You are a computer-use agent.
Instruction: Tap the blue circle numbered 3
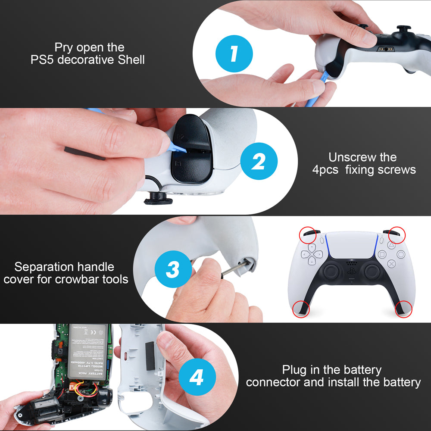pyautogui.click(x=172, y=270)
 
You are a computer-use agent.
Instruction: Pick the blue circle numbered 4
pyautogui.click(x=197, y=378)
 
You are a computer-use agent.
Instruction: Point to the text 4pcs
pyautogui.click(x=326, y=169)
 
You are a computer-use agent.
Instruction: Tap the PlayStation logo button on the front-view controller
pyautogui.click(x=352, y=273)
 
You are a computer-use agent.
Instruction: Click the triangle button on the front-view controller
pyautogui.click(x=391, y=245)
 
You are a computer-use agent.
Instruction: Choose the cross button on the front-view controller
pyautogui.click(x=391, y=264)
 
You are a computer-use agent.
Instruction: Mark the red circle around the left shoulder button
pyautogui.click(x=307, y=234)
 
